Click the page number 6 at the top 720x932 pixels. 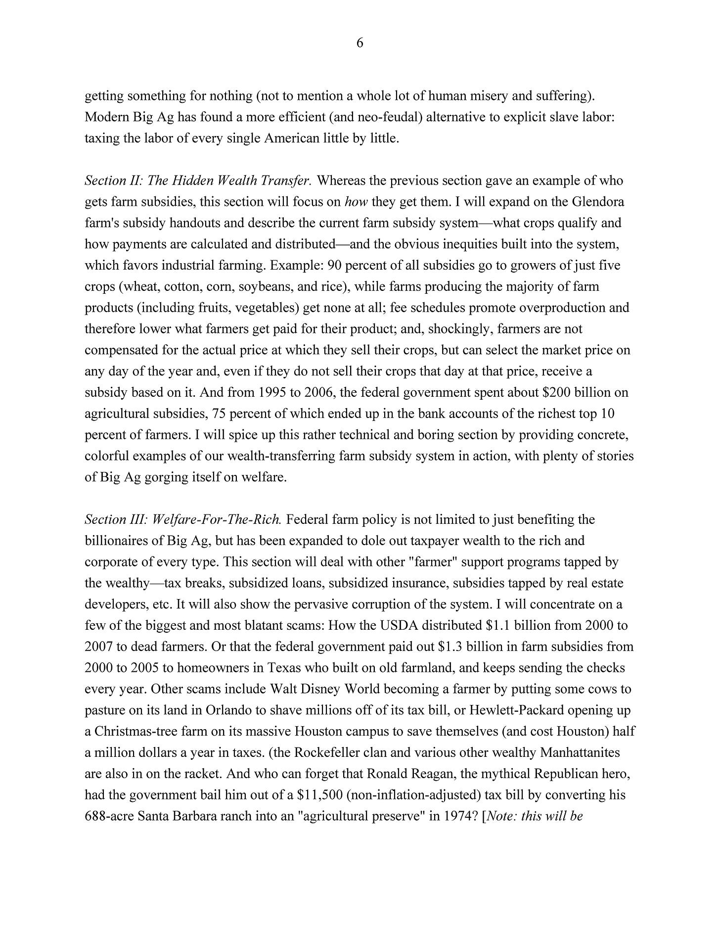pyautogui.click(x=360, y=44)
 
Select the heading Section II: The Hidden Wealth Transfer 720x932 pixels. pyautogui.click(x=198, y=181)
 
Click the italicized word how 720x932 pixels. pyautogui.click(x=356, y=202)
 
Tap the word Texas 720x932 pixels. pyautogui.click(x=285, y=668)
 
